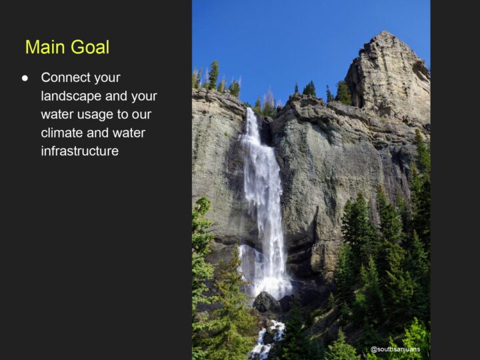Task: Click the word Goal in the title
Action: tap(90, 47)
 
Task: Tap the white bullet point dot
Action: tap(25, 78)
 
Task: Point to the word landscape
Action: tap(71, 96)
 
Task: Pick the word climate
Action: tap(62, 133)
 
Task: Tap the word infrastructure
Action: tap(79, 151)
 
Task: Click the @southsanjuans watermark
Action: tap(395, 349)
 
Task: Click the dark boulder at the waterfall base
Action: tap(266, 301)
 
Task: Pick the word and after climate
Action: tap(97, 133)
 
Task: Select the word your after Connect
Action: tap(107, 78)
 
